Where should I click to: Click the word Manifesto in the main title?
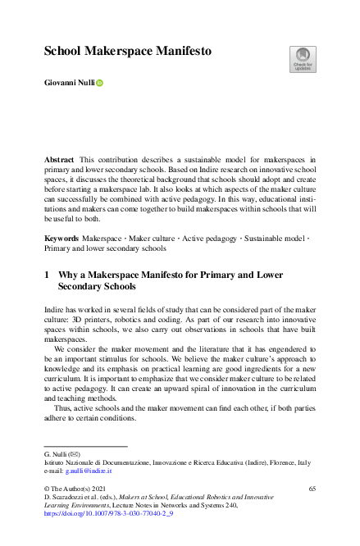[x=178, y=51]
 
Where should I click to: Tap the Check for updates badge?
[x=303, y=58]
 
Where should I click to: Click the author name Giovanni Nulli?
[x=70, y=83]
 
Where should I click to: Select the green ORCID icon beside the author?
[x=102, y=83]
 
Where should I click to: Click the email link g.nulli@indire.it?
[x=88, y=471]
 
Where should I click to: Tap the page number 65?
[x=312, y=489]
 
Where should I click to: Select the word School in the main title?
[x=63, y=51]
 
